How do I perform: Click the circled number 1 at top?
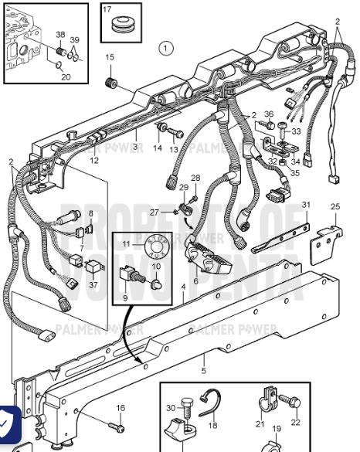(x=165, y=48)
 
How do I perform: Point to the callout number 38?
(x=61, y=36)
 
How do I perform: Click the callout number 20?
(x=66, y=76)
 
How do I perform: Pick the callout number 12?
(x=94, y=161)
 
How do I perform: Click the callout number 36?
(x=269, y=114)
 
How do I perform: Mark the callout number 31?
(x=307, y=205)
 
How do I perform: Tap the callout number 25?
(x=335, y=206)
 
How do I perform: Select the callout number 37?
(x=93, y=284)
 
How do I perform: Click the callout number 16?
(x=121, y=408)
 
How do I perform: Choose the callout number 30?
(x=171, y=409)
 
